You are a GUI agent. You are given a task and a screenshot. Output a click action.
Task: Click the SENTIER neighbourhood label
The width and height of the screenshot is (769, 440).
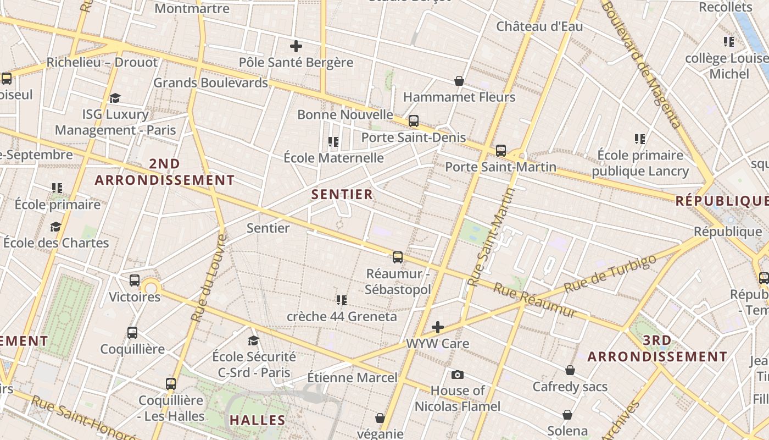point(342,194)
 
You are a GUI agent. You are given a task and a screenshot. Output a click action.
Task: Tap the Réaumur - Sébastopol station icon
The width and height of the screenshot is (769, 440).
point(398,257)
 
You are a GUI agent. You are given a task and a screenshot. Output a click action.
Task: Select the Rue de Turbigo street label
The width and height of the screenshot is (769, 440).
point(610,273)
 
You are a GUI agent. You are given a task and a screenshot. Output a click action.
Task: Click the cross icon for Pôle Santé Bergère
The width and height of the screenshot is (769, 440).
point(296,46)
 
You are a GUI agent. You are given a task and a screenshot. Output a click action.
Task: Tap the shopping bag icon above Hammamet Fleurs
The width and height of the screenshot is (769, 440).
point(459,81)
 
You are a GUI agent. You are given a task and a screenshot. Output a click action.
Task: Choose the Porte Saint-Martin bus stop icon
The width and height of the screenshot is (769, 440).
point(501,150)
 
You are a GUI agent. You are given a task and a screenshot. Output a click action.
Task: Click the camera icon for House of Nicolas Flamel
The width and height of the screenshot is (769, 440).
point(457,375)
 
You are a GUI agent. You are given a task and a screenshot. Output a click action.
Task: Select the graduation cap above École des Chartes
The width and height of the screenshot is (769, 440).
point(55,227)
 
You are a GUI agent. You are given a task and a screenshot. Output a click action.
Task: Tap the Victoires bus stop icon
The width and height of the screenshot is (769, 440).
point(135,280)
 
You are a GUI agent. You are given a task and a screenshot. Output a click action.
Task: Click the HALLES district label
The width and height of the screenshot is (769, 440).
point(258,420)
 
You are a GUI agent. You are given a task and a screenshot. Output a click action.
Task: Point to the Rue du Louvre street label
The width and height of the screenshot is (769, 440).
point(208,278)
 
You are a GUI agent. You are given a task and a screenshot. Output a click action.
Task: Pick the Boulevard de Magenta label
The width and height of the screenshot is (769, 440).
point(641,63)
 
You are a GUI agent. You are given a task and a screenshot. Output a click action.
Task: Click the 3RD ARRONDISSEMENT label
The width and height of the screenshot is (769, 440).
point(657,349)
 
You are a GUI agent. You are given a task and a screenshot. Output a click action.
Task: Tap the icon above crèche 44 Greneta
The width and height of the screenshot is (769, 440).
point(342,300)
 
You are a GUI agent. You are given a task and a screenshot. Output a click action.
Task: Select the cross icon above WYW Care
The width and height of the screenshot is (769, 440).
point(438,328)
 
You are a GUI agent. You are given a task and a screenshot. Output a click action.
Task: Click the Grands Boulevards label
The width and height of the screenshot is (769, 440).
point(210,82)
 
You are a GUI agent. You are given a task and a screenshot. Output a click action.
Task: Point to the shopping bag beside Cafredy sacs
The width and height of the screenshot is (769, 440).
point(570,370)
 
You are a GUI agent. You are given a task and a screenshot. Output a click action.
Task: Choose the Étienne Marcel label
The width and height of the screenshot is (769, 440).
point(352,378)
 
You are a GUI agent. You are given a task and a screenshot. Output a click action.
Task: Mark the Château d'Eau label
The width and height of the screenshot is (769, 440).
point(539,26)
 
